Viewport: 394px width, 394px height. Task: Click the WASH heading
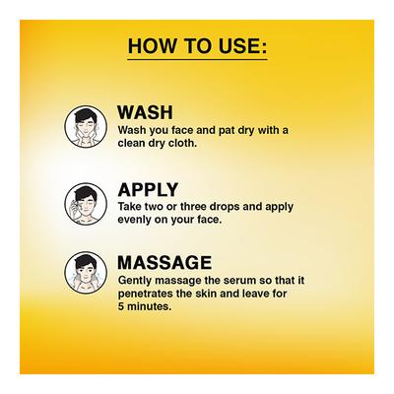(145, 112)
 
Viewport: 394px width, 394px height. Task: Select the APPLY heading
(148, 189)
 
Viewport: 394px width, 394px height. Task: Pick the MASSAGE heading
(164, 262)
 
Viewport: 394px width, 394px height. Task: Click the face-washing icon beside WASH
(86, 126)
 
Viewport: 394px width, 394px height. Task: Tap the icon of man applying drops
(86, 204)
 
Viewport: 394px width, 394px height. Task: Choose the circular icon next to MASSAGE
(86, 273)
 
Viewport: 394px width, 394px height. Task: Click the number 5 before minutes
(121, 306)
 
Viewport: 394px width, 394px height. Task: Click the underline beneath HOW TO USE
(197, 59)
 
